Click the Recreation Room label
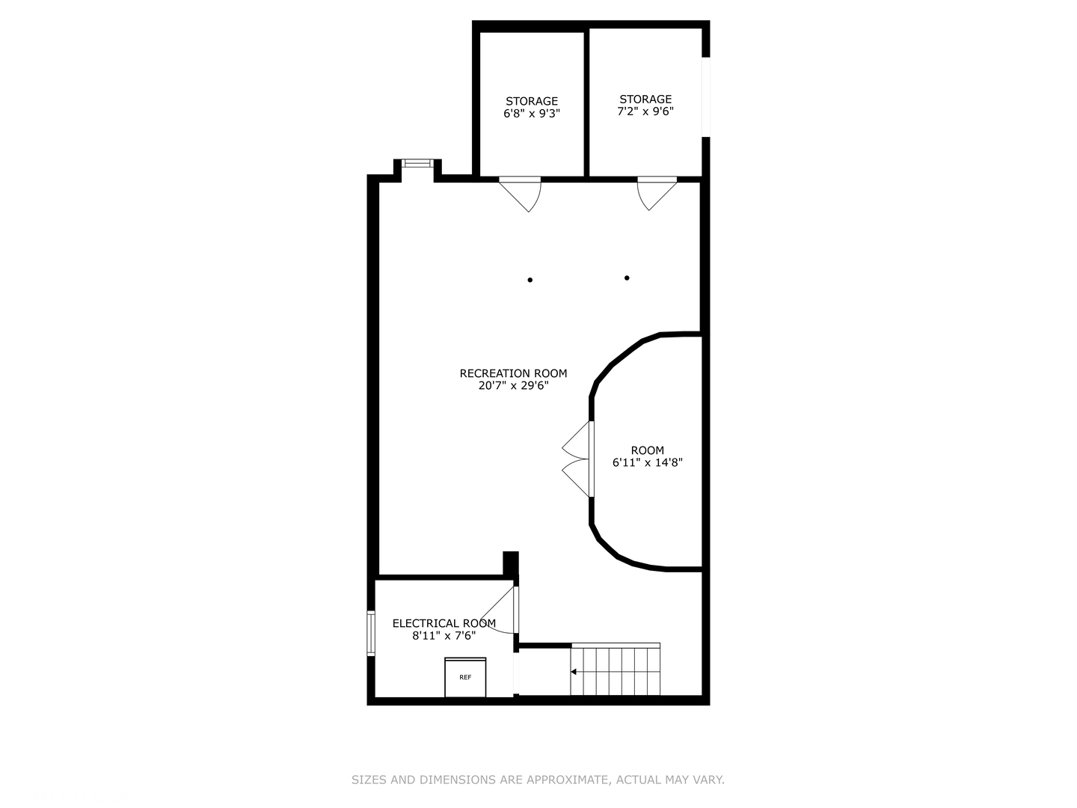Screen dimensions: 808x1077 pyautogui.click(x=513, y=373)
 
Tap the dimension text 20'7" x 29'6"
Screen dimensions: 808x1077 pyautogui.click(x=513, y=386)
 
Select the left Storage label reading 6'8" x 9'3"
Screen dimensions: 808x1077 pyautogui.click(x=531, y=101)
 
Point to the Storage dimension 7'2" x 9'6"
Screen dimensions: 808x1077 pyautogui.click(x=645, y=111)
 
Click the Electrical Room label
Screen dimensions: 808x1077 pyautogui.click(x=444, y=623)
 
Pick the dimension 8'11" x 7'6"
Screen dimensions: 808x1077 pyautogui.click(x=444, y=636)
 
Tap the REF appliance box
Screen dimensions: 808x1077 pyautogui.click(x=465, y=677)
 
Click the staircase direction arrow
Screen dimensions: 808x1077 pyautogui.click(x=574, y=672)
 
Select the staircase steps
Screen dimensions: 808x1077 pyautogui.click(x=616, y=670)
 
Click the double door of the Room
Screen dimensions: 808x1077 pyautogui.click(x=577, y=459)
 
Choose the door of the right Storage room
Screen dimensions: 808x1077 pyautogui.click(x=655, y=192)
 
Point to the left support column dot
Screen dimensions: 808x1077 pyautogui.click(x=530, y=280)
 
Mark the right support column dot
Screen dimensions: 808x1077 pyautogui.click(x=627, y=278)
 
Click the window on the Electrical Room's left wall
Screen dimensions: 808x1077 pyautogui.click(x=370, y=633)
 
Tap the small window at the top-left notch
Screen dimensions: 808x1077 pyautogui.click(x=417, y=163)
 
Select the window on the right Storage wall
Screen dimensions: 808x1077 pyautogui.click(x=705, y=97)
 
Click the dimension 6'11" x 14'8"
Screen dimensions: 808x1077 pyautogui.click(x=647, y=462)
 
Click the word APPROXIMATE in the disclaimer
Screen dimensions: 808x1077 pyautogui.click(x=567, y=780)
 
